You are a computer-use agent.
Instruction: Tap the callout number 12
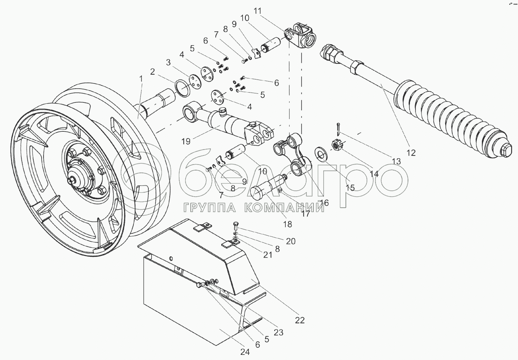411,152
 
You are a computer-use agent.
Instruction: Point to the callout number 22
300,320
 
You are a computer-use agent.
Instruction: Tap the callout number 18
287,224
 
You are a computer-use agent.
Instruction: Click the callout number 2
152,72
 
